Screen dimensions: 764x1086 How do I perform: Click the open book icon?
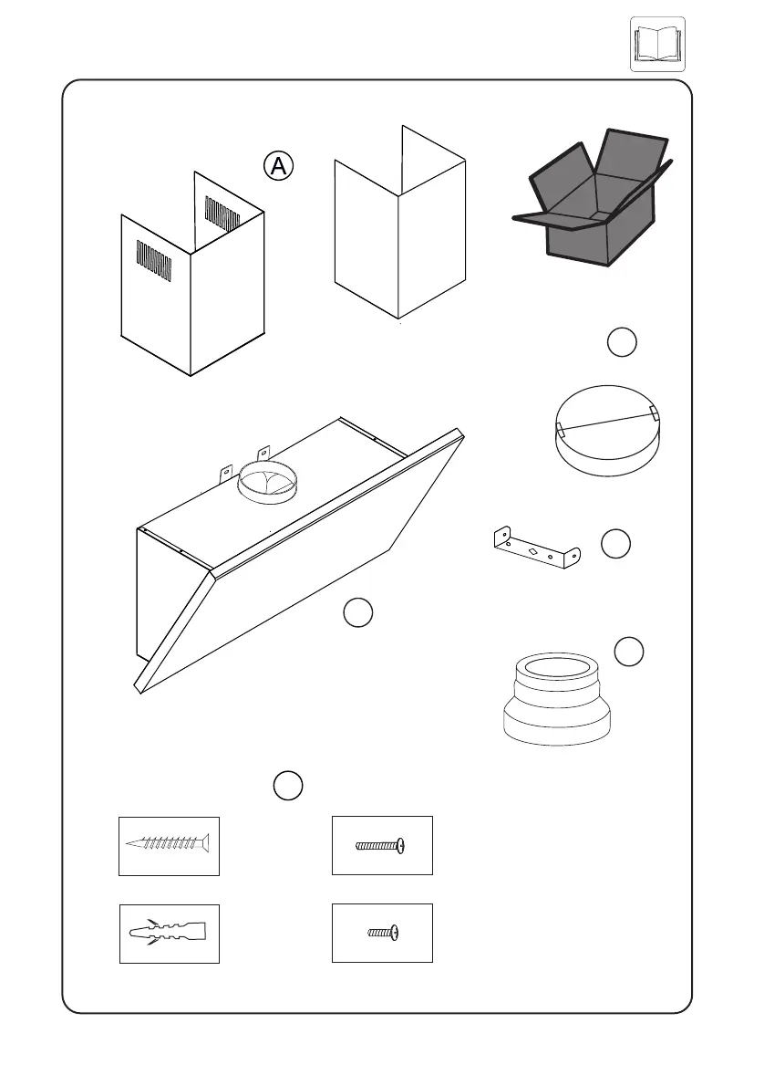[x=657, y=44]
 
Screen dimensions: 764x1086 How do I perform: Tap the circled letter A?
[x=279, y=165]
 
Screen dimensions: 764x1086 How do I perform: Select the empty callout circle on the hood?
[x=358, y=613]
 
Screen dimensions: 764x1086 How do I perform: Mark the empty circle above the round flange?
[x=622, y=342]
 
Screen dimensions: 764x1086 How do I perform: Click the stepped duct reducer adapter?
[x=556, y=699]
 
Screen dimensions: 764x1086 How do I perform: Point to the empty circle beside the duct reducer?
[x=629, y=652]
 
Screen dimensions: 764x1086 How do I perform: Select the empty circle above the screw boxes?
[x=286, y=785]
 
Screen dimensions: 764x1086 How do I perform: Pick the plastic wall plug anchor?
[x=170, y=933]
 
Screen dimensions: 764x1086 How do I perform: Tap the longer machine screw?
[x=381, y=846]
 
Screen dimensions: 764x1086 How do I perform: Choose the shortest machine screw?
[x=383, y=933]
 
